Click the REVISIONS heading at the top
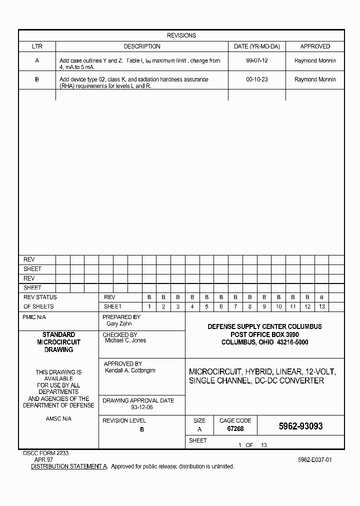[x=181, y=35]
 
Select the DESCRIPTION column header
[x=142, y=46]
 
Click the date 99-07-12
[x=256, y=60]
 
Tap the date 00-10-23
[x=256, y=79]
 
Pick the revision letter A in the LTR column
[x=37, y=60]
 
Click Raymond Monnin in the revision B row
[x=315, y=79]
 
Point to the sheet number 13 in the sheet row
[x=321, y=306]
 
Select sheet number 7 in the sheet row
[x=235, y=306]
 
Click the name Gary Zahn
[x=119, y=324]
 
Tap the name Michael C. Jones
[x=125, y=340]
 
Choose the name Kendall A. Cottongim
[x=130, y=370]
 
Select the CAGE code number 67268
[x=235, y=429]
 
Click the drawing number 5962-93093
[x=300, y=426]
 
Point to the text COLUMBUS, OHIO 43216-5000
[x=264, y=342]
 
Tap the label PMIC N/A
[x=34, y=317]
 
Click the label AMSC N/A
[x=58, y=418]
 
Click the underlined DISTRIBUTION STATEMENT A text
[x=69, y=466]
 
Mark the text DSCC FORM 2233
[x=46, y=452]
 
